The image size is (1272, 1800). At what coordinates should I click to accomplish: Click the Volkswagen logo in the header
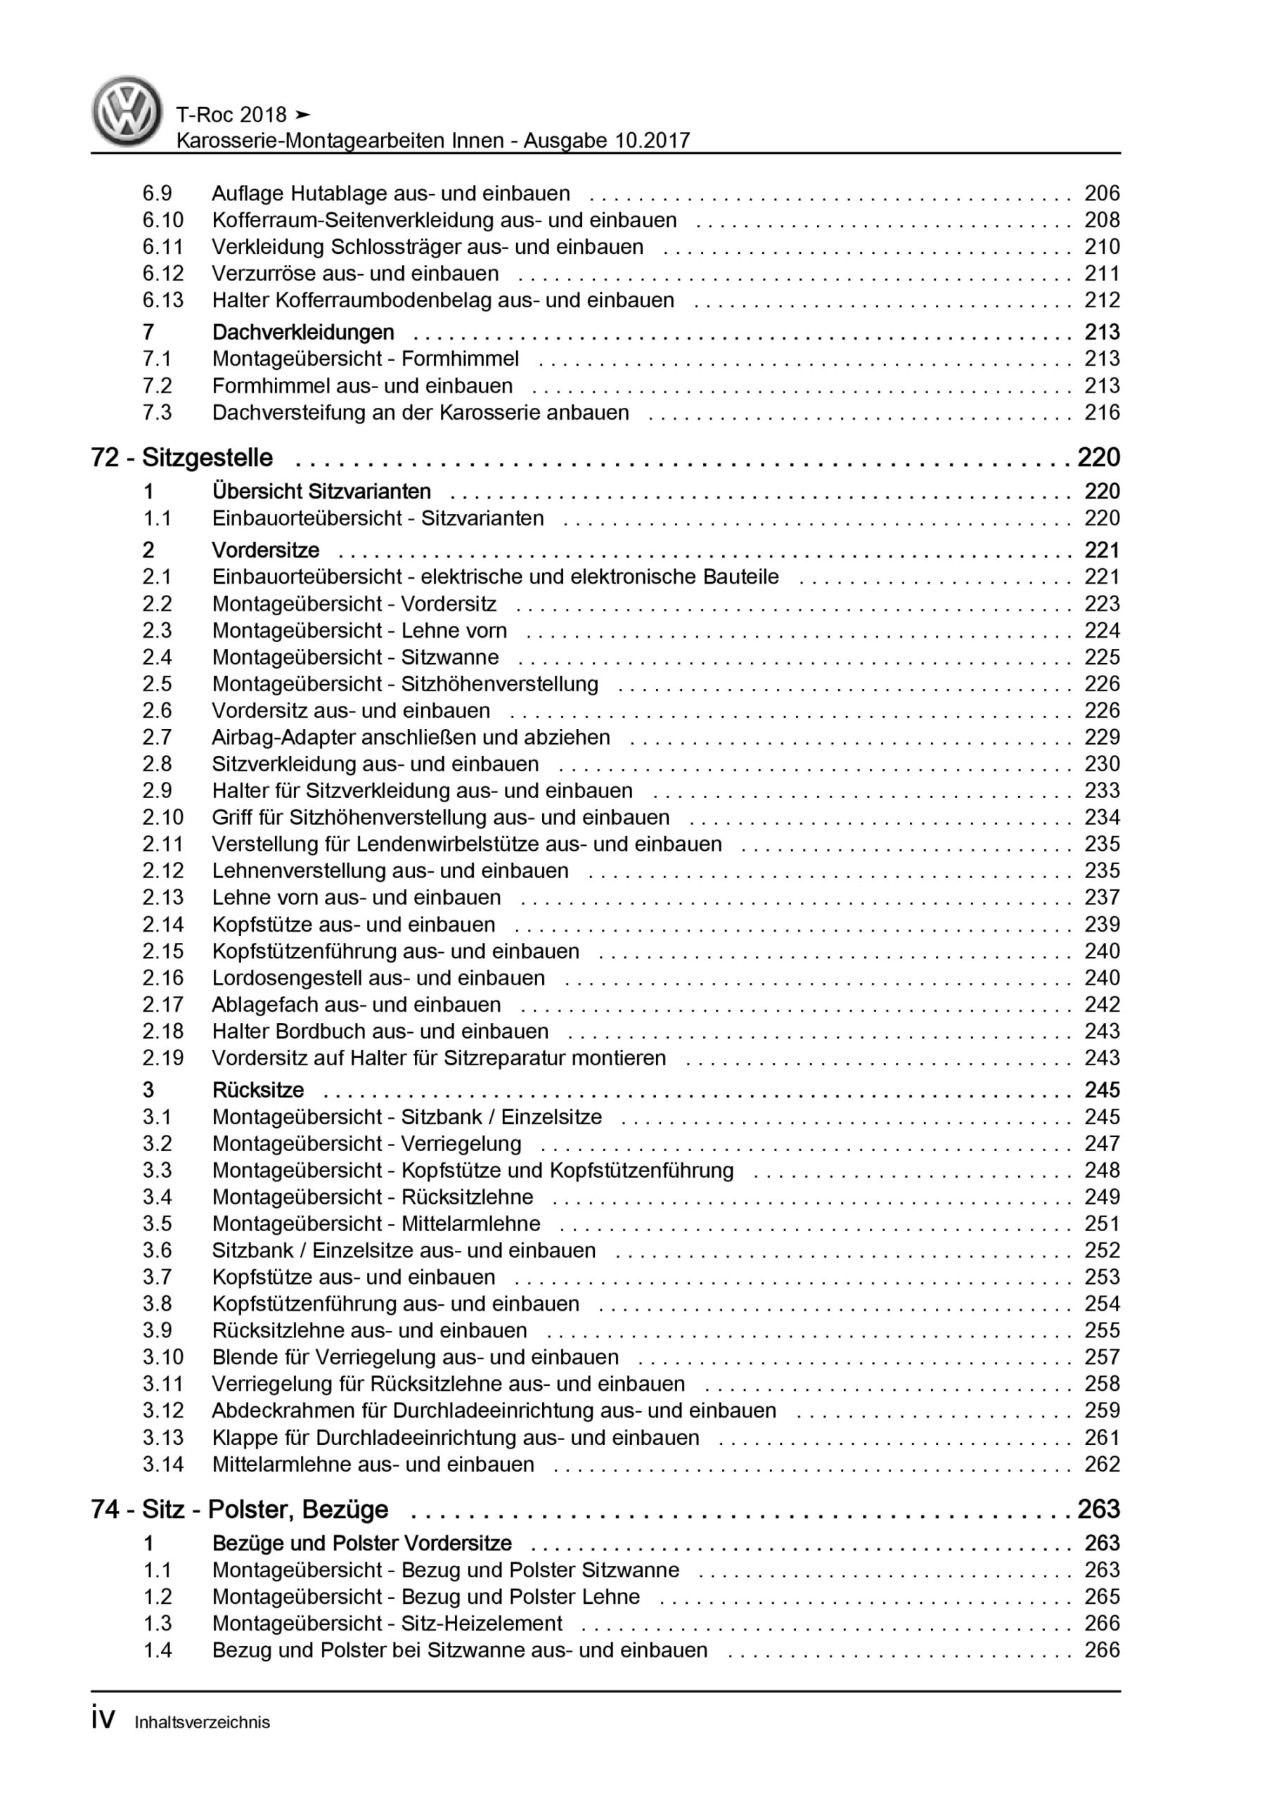[127, 111]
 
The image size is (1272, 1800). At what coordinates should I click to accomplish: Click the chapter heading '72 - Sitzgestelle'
[182, 458]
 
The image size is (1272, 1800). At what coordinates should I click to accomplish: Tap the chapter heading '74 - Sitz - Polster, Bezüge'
[239, 1509]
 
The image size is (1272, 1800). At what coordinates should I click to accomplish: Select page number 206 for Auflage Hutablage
[1102, 193]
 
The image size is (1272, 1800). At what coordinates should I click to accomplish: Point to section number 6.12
[163, 274]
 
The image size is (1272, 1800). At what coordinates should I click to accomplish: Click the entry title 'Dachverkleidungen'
[303, 333]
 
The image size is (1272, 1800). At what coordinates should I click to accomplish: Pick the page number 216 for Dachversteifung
[1102, 412]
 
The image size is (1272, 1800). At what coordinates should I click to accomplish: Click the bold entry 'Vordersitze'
[266, 551]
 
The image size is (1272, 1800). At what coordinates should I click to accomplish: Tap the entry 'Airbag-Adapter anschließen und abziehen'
[411, 737]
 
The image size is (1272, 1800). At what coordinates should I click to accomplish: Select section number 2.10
[163, 817]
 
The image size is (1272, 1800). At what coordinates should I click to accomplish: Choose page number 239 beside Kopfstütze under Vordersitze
[1102, 925]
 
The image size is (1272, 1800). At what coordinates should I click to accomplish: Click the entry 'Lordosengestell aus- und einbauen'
[378, 977]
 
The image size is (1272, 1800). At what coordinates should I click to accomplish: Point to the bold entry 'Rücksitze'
[258, 1090]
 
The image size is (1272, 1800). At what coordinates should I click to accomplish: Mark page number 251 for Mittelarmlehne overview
[1102, 1223]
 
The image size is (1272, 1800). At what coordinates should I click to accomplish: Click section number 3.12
[163, 1410]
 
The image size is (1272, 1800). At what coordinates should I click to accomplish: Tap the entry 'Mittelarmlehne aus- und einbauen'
[373, 1464]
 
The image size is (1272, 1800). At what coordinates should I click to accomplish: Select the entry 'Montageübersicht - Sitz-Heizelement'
[387, 1623]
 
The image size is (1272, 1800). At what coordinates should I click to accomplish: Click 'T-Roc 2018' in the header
[231, 115]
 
